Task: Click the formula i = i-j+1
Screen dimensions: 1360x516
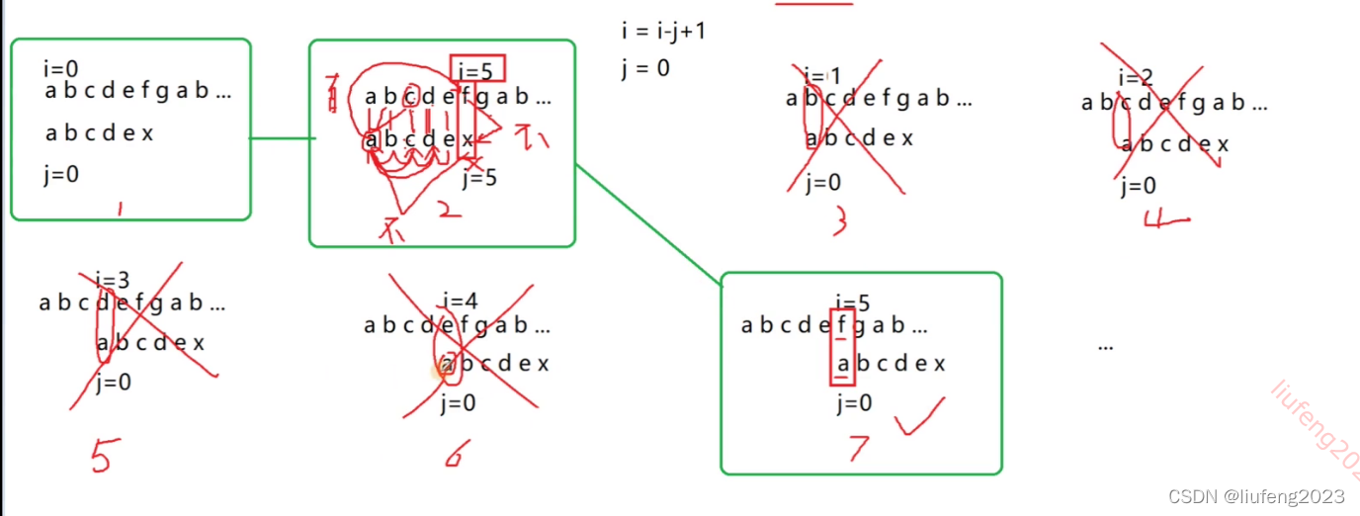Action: [663, 31]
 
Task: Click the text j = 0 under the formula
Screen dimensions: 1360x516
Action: [645, 69]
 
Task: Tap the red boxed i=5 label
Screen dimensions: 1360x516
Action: [478, 70]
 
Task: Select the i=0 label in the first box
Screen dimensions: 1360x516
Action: [60, 69]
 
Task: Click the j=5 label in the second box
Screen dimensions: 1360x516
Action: [479, 178]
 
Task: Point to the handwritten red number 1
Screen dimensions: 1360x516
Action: [120, 210]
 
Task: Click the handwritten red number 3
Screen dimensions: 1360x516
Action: [840, 221]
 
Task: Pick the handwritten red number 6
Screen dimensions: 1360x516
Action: [456, 453]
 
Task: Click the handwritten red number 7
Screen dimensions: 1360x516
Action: [858, 448]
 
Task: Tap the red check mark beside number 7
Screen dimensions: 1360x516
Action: [919, 417]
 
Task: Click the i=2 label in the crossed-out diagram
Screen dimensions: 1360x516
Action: [1136, 78]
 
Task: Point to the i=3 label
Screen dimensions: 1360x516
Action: [113, 280]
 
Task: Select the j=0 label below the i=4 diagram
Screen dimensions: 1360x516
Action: [459, 402]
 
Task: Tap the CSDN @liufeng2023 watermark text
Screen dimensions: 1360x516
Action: [1256, 496]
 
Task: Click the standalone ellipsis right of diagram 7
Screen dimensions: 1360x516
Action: [1106, 346]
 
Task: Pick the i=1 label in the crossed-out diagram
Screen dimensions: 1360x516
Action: [821, 76]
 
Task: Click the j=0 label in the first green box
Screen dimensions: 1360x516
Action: [61, 174]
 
